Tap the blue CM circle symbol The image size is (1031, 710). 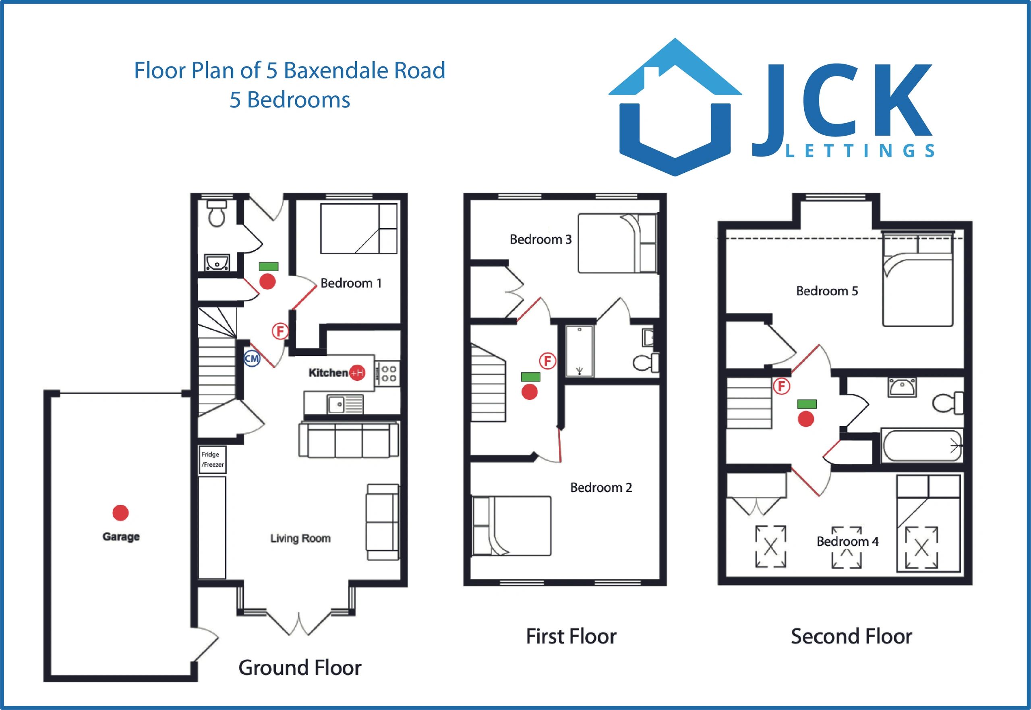click(x=252, y=359)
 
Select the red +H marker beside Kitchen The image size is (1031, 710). click(x=357, y=373)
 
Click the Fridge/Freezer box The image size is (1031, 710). click(x=212, y=460)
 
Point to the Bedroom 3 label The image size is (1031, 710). click(x=540, y=239)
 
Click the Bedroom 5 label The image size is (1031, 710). click(x=827, y=291)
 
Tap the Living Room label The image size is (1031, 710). click(x=300, y=538)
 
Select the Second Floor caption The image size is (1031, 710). click(x=851, y=636)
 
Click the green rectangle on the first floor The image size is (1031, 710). click(x=531, y=377)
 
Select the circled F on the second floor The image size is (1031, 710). click(x=781, y=386)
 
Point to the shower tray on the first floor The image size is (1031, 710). click(x=579, y=351)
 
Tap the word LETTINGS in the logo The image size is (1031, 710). click(x=859, y=151)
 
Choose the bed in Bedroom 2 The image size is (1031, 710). click(x=511, y=526)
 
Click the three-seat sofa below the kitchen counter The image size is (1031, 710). click(x=348, y=440)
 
